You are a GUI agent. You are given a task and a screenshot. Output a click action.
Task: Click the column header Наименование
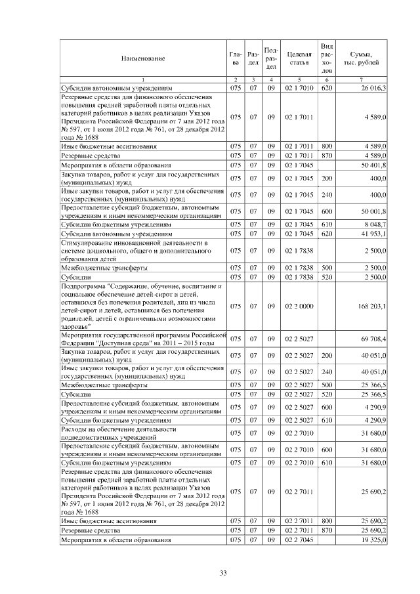pyautogui.click(x=142, y=58)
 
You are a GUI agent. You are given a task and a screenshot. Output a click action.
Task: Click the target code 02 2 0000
pyautogui.click(x=299, y=307)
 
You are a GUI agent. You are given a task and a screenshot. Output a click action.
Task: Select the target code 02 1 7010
pyautogui.click(x=299, y=87)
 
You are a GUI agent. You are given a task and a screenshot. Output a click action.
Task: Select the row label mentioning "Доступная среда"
pyautogui.click(x=142, y=339)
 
